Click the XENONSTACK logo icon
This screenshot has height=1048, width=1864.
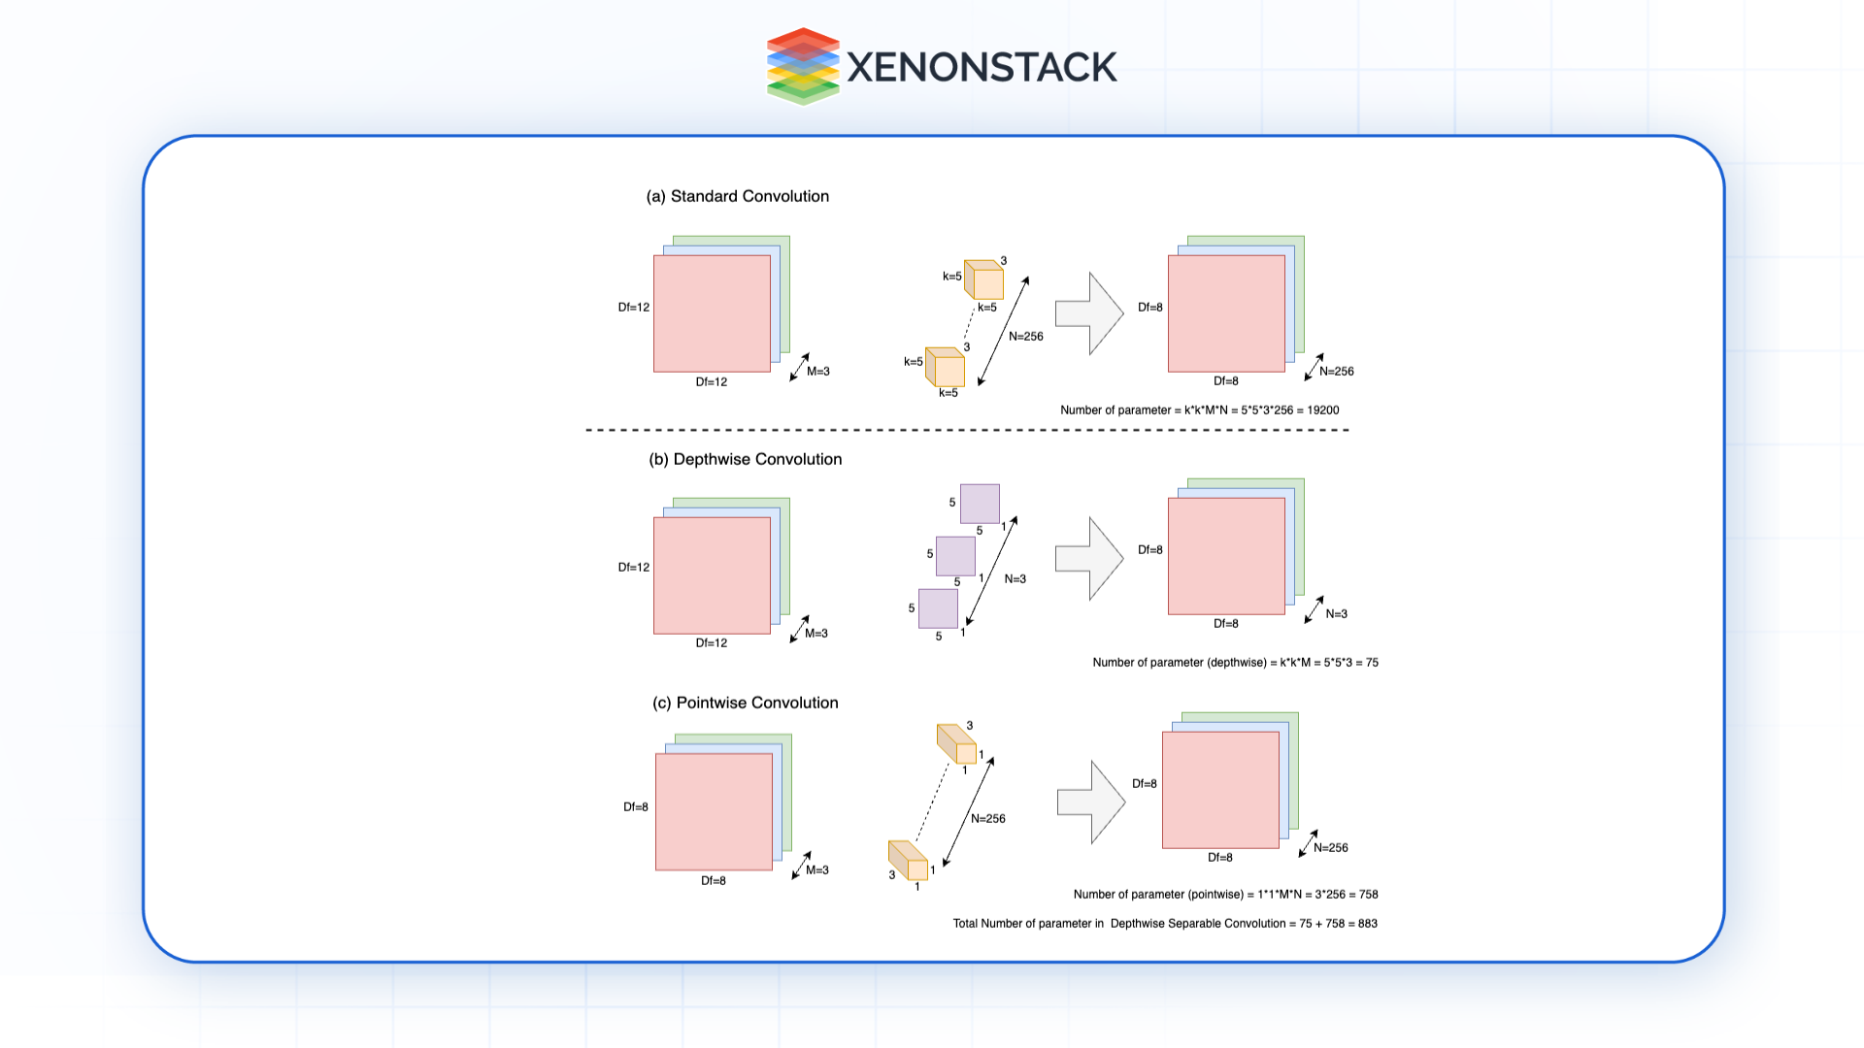802,66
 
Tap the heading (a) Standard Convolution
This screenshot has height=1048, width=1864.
738,196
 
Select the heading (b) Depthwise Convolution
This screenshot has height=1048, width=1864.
745,459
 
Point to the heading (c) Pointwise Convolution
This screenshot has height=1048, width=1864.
745,703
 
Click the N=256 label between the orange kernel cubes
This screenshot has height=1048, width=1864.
1025,337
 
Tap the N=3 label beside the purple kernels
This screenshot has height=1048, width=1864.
1015,579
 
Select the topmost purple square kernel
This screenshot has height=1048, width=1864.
980,504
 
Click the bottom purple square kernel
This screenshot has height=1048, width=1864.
938,608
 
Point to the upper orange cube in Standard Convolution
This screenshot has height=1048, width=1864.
983,279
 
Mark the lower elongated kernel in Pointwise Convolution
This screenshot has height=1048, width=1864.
909,861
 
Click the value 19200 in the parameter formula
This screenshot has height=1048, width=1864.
1322,410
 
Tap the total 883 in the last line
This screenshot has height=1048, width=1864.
1367,924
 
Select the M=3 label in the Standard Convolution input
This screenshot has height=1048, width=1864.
817,372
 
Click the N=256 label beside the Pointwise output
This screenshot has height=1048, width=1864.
1330,848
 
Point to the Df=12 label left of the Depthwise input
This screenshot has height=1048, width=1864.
634,568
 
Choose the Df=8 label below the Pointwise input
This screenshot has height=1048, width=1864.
713,881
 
